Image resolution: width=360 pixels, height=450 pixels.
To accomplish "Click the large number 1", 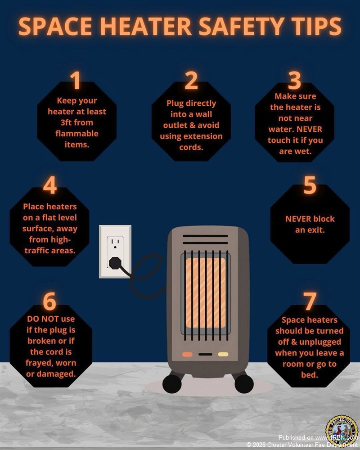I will [76, 81].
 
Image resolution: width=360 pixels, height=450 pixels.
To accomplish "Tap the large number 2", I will [191, 81].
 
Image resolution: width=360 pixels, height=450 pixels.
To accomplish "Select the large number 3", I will [295, 81].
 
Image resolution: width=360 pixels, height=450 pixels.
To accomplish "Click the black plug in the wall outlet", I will [115, 262].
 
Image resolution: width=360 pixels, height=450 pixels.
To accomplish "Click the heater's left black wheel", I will [172, 383].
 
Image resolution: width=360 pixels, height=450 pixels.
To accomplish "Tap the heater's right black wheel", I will [244, 383].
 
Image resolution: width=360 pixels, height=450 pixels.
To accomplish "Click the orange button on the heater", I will [187, 355].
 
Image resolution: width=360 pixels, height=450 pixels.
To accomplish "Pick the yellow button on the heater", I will [223, 355].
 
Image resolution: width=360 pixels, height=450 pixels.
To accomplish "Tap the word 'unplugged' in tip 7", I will [320, 342].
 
